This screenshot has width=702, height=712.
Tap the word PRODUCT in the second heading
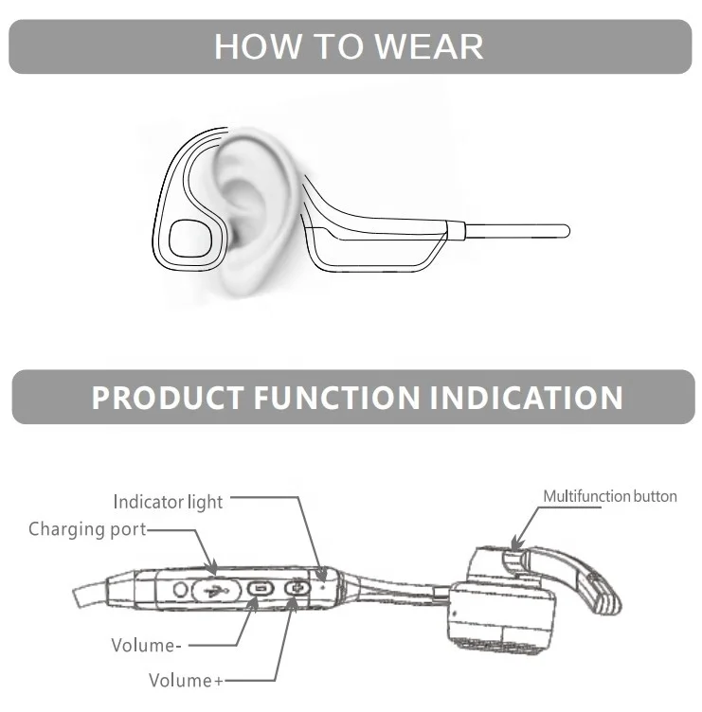(168, 397)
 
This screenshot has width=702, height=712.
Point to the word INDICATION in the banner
(527, 397)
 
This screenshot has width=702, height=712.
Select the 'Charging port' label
(87, 529)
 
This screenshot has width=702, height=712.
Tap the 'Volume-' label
(146, 646)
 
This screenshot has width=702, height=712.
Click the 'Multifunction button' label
(609, 496)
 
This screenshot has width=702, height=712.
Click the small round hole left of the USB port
(181, 589)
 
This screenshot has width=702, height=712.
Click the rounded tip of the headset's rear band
(563, 230)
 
